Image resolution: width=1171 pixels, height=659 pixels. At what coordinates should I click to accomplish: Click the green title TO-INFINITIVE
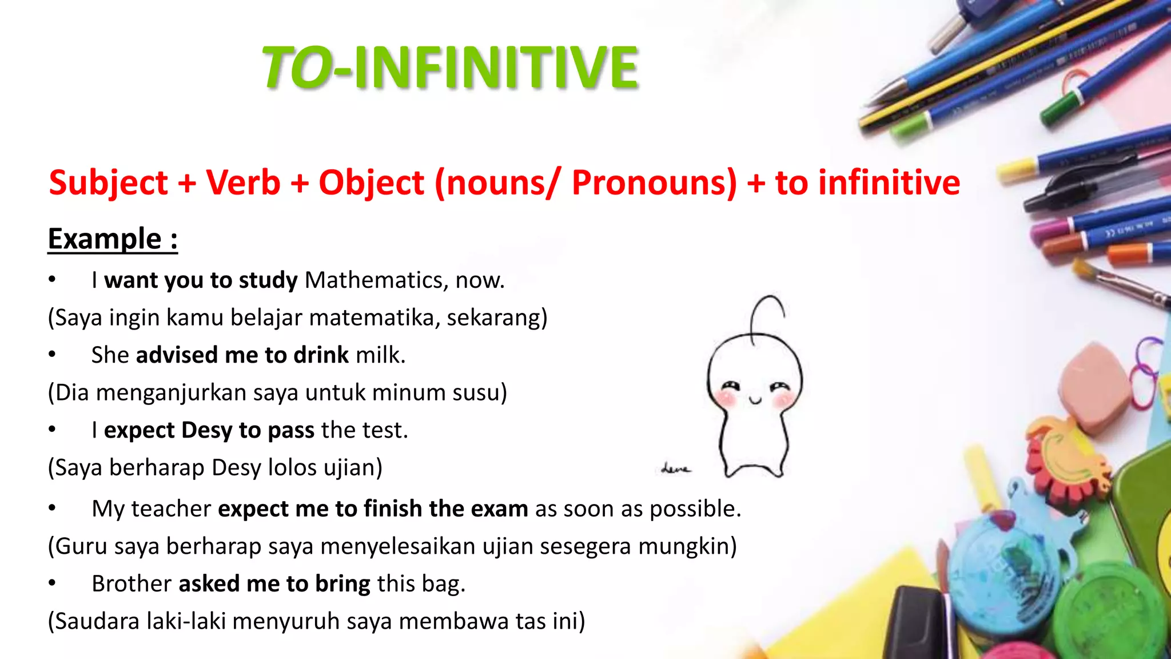coord(450,68)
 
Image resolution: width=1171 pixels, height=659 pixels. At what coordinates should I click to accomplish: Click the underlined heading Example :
coord(113,239)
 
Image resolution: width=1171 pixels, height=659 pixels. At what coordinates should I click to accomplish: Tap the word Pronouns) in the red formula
coord(654,183)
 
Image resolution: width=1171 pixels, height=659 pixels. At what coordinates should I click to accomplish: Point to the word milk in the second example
coord(380,355)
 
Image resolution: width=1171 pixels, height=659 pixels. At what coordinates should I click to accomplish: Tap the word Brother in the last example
coord(132,584)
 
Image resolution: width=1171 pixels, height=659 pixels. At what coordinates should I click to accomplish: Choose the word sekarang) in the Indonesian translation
coord(496,317)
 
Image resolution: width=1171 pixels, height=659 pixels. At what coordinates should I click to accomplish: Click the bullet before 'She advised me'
coord(52,355)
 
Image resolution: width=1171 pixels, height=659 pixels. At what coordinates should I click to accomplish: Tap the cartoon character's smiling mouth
coord(755,400)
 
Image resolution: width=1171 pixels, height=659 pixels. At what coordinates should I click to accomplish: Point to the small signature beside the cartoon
coord(675,469)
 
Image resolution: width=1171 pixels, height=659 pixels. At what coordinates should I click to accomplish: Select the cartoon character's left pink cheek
coord(726,398)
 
